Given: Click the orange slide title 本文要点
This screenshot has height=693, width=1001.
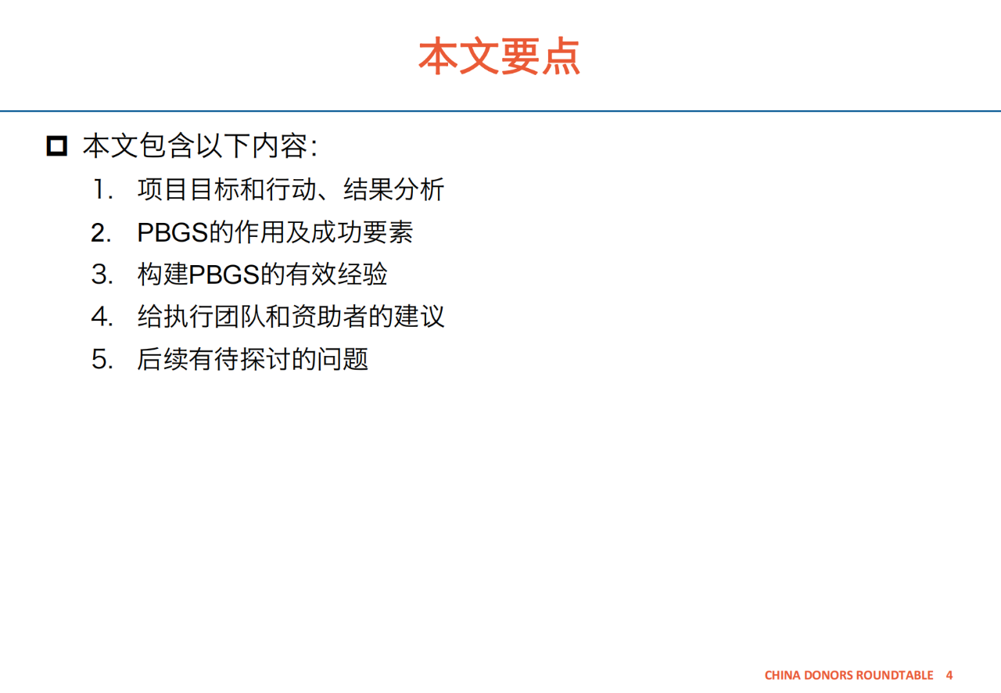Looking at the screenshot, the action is point(499,56).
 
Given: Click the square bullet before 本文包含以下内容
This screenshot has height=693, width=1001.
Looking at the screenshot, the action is point(57,146).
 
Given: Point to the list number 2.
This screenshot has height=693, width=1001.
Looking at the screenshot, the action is point(101,232).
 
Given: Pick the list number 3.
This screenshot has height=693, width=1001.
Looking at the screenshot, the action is point(102,274).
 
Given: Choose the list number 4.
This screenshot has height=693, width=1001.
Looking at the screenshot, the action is point(102,317).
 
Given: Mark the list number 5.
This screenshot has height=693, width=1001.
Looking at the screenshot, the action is point(102,359).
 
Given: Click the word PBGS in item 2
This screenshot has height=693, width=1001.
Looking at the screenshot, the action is point(173,232).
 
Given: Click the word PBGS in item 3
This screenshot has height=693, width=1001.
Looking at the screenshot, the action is point(224,275).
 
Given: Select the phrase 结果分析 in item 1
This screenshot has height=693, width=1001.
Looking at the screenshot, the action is point(393,189).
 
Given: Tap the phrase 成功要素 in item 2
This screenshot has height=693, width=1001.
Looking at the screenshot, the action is point(362,232).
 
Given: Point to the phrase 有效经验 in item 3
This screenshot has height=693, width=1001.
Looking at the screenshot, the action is point(336,274).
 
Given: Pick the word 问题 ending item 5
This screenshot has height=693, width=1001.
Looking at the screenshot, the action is point(343,359).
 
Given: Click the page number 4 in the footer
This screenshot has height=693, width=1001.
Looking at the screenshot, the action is point(949,675).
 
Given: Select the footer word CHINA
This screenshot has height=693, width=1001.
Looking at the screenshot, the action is point(782,675).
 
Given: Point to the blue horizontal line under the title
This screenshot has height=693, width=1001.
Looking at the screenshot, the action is point(500,111).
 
